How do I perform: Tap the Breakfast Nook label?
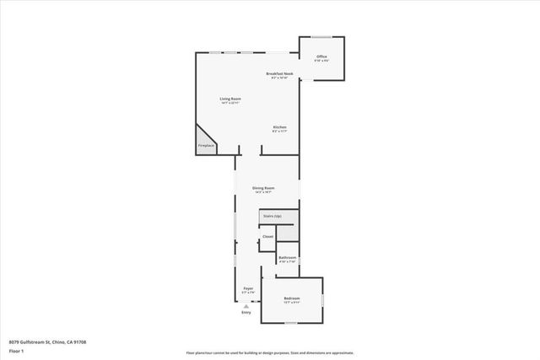point(279,73)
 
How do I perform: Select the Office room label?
point(322,56)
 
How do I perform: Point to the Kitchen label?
point(279,126)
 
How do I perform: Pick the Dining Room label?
point(263,188)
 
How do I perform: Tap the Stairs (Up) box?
point(272,217)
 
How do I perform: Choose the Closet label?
point(267,236)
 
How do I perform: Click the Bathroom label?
point(287,257)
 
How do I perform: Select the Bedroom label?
point(291,298)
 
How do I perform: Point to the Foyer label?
point(248,288)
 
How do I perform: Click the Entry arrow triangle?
point(246,306)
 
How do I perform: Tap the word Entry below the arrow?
point(246,313)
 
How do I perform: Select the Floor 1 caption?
point(17,350)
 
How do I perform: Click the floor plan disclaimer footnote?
point(270,352)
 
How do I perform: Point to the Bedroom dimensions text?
point(291,303)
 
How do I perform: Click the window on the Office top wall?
point(322,36)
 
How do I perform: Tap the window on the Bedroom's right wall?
point(322,299)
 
